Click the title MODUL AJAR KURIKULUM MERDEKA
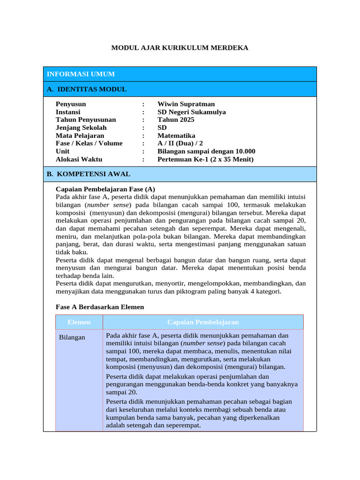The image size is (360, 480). [x=180, y=48]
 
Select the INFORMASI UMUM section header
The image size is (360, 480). [x=81, y=74]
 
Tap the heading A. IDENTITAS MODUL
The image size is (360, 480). [x=87, y=89]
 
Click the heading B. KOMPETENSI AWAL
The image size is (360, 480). [x=88, y=174]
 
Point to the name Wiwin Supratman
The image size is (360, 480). [x=186, y=104]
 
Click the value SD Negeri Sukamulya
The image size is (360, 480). [x=191, y=112]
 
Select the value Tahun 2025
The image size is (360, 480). [x=176, y=120]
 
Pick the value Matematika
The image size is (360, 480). [x=176, y=135]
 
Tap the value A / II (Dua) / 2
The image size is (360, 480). [x=180, y=143]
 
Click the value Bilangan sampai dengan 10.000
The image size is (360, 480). [x=206, y=151]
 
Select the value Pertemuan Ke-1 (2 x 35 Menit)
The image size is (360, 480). [x=205, y=159]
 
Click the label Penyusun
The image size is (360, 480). [x=71, y=104]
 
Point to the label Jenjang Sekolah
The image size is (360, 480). [x=81, y=127]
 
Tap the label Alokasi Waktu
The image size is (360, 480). [x=79, y=159]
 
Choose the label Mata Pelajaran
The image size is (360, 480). [x=80, y=135]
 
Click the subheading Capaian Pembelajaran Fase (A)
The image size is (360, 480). [x=105, y=188]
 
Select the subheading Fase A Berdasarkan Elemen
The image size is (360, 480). [x=100, y=307]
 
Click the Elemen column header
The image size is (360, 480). [x=79, y=322]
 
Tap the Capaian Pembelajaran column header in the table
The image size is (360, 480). [x=203, y=322]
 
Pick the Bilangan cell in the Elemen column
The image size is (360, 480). [x=72, y=337]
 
